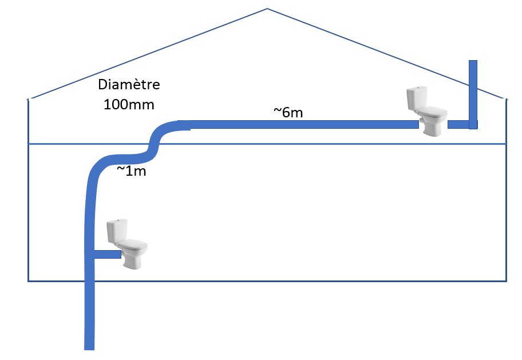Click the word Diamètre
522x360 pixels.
coord(129,85)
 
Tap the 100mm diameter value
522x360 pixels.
coord(129,105)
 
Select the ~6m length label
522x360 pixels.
coord(288,113)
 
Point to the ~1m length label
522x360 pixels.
coord(131,171)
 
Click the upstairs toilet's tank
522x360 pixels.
coord(417,98)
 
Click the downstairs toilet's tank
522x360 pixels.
coord(117,230)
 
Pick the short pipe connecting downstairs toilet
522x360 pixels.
coord(106,254)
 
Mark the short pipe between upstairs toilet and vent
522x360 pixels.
coord(458,124)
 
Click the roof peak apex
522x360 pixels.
coord(267,9)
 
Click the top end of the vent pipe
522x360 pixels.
coord(473,62)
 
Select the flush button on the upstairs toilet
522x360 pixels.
coord(417,88)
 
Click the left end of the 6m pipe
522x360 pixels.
coord(181,125)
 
